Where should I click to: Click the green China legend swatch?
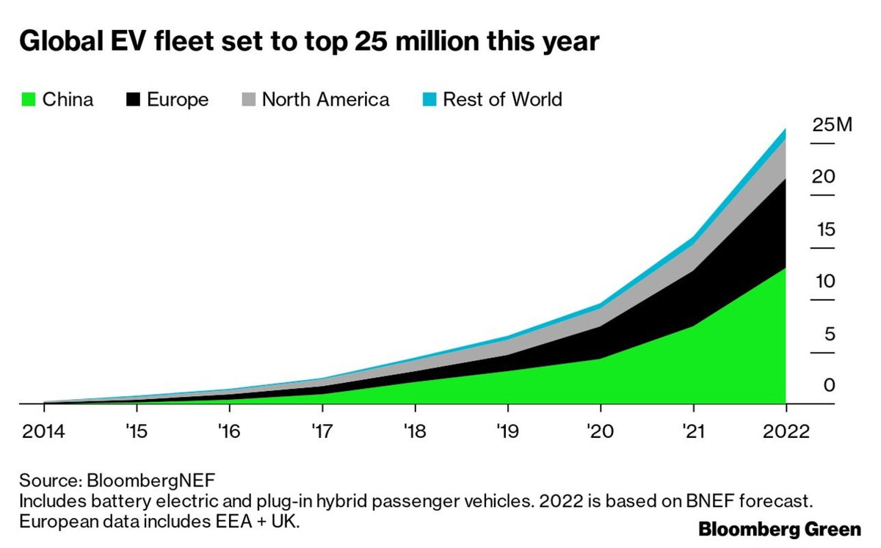[x=28, y=100]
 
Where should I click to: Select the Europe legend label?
[x=178, y=100]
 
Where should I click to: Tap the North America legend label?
[x=325, y=100]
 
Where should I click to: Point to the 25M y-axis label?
[x=832, y=125]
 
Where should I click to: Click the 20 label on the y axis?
[x=824, y=177]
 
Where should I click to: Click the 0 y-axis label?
[x=829, y=386]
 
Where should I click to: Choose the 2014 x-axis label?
[x=44, y=431]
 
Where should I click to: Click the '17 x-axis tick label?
[x=321, y=431]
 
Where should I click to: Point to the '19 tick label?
[x=507, y=431]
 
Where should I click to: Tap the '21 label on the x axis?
[x=692, y=431]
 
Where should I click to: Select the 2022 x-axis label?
[x=785, y=431]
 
